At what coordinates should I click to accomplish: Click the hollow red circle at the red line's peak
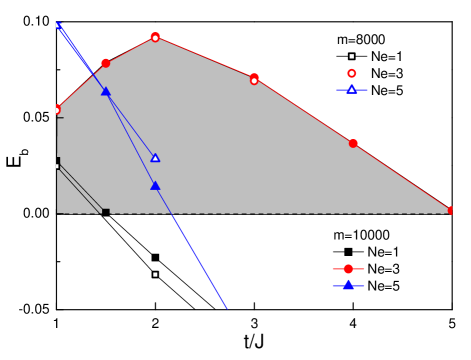tap(155, 37)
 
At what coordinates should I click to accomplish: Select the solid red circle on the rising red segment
tap(105, 63)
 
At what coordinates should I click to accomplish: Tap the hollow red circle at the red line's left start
tap(56, 110)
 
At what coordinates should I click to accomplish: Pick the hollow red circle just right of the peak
tap(254, 79)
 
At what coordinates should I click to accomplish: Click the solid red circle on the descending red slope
tap(353, 143)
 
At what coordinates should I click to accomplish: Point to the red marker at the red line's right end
tap(451, 210)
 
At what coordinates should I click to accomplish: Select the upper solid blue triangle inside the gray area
tap(105, 91)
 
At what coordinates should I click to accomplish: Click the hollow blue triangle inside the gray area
tap(155, 157)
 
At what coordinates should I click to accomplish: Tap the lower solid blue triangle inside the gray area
tap(155, 185)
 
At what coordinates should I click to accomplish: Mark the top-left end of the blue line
tap(57, 24)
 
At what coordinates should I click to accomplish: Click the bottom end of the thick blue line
tap(226, 308)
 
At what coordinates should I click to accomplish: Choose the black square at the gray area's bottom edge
tap(106, 212)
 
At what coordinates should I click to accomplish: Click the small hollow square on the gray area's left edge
tap(57, 166)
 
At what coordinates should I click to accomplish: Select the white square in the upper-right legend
tap(351, 56)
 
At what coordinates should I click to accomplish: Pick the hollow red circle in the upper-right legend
tap(351, 73)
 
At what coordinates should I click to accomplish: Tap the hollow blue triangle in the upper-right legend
tap(351, 90)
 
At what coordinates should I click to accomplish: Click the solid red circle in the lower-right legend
tap(348, 269)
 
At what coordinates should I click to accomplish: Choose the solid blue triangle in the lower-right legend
tap(348, 285)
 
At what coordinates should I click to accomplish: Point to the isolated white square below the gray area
tap(155, 274)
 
